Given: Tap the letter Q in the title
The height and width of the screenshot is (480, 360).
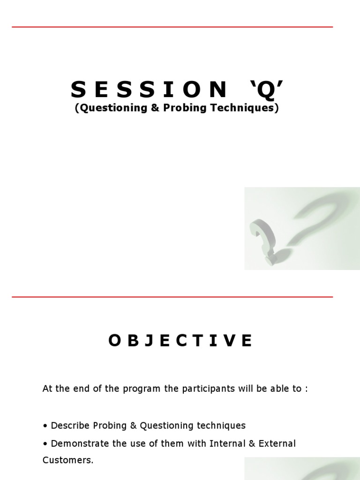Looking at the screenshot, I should coord(266,89).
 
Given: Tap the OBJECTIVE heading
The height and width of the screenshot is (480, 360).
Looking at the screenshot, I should coord(180,341).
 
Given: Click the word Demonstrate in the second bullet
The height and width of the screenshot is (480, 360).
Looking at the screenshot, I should coord(78,443).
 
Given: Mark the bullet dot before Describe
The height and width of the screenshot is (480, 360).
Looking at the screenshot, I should coord(45,426).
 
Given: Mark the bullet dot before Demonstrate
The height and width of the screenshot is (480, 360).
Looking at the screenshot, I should coord(45,444).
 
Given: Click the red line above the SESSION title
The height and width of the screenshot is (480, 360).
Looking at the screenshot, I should coord(172,27).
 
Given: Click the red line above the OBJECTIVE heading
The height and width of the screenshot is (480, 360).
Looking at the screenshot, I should coord(172,297).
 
